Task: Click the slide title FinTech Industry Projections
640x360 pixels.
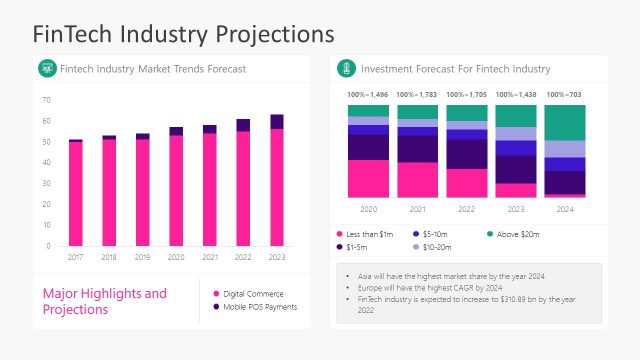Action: (x=184, y=33)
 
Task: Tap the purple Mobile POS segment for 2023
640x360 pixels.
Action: (x=276, y=121)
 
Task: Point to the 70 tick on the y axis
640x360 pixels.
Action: (x=46, y=100)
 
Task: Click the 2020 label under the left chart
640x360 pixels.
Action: (x=176, y=257)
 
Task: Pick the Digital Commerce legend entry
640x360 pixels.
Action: (x=253, y=293)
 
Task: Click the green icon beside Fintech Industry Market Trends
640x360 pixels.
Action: (x=46, y=68)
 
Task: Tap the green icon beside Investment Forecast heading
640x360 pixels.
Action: (x=346, y=68)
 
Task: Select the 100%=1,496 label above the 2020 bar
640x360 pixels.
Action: (x=368, y=94)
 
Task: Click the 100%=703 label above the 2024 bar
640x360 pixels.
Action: (x=566, y=94)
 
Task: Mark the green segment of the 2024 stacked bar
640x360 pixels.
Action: (x=566, y=122)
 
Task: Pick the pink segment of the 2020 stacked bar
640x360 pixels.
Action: (x=368, y=178)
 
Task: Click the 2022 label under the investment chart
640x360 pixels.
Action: (x=467, y=210)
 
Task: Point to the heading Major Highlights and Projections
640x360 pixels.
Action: (x=105, y=301)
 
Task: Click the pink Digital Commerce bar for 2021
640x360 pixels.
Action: (x=209, y=189)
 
